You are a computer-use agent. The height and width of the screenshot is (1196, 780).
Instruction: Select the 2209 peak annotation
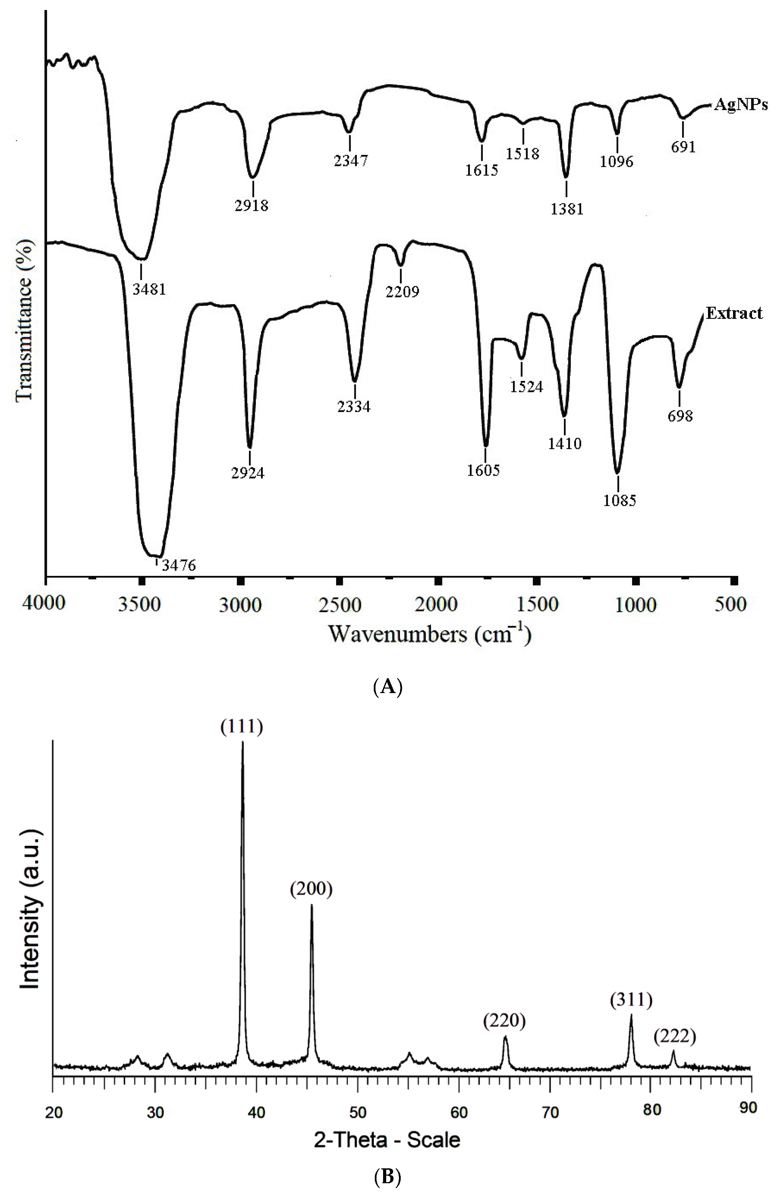coord(402,291)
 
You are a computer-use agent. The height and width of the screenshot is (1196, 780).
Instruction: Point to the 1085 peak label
coord(620,501)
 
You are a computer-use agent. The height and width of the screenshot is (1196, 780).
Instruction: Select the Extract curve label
coord(734,314)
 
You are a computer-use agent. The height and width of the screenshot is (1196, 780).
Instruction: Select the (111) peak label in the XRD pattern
coord(242,728)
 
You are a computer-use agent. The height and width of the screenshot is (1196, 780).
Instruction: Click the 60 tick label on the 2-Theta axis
coord(458,1110)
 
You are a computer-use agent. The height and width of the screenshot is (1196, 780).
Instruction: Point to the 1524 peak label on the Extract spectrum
coord(526,386)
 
